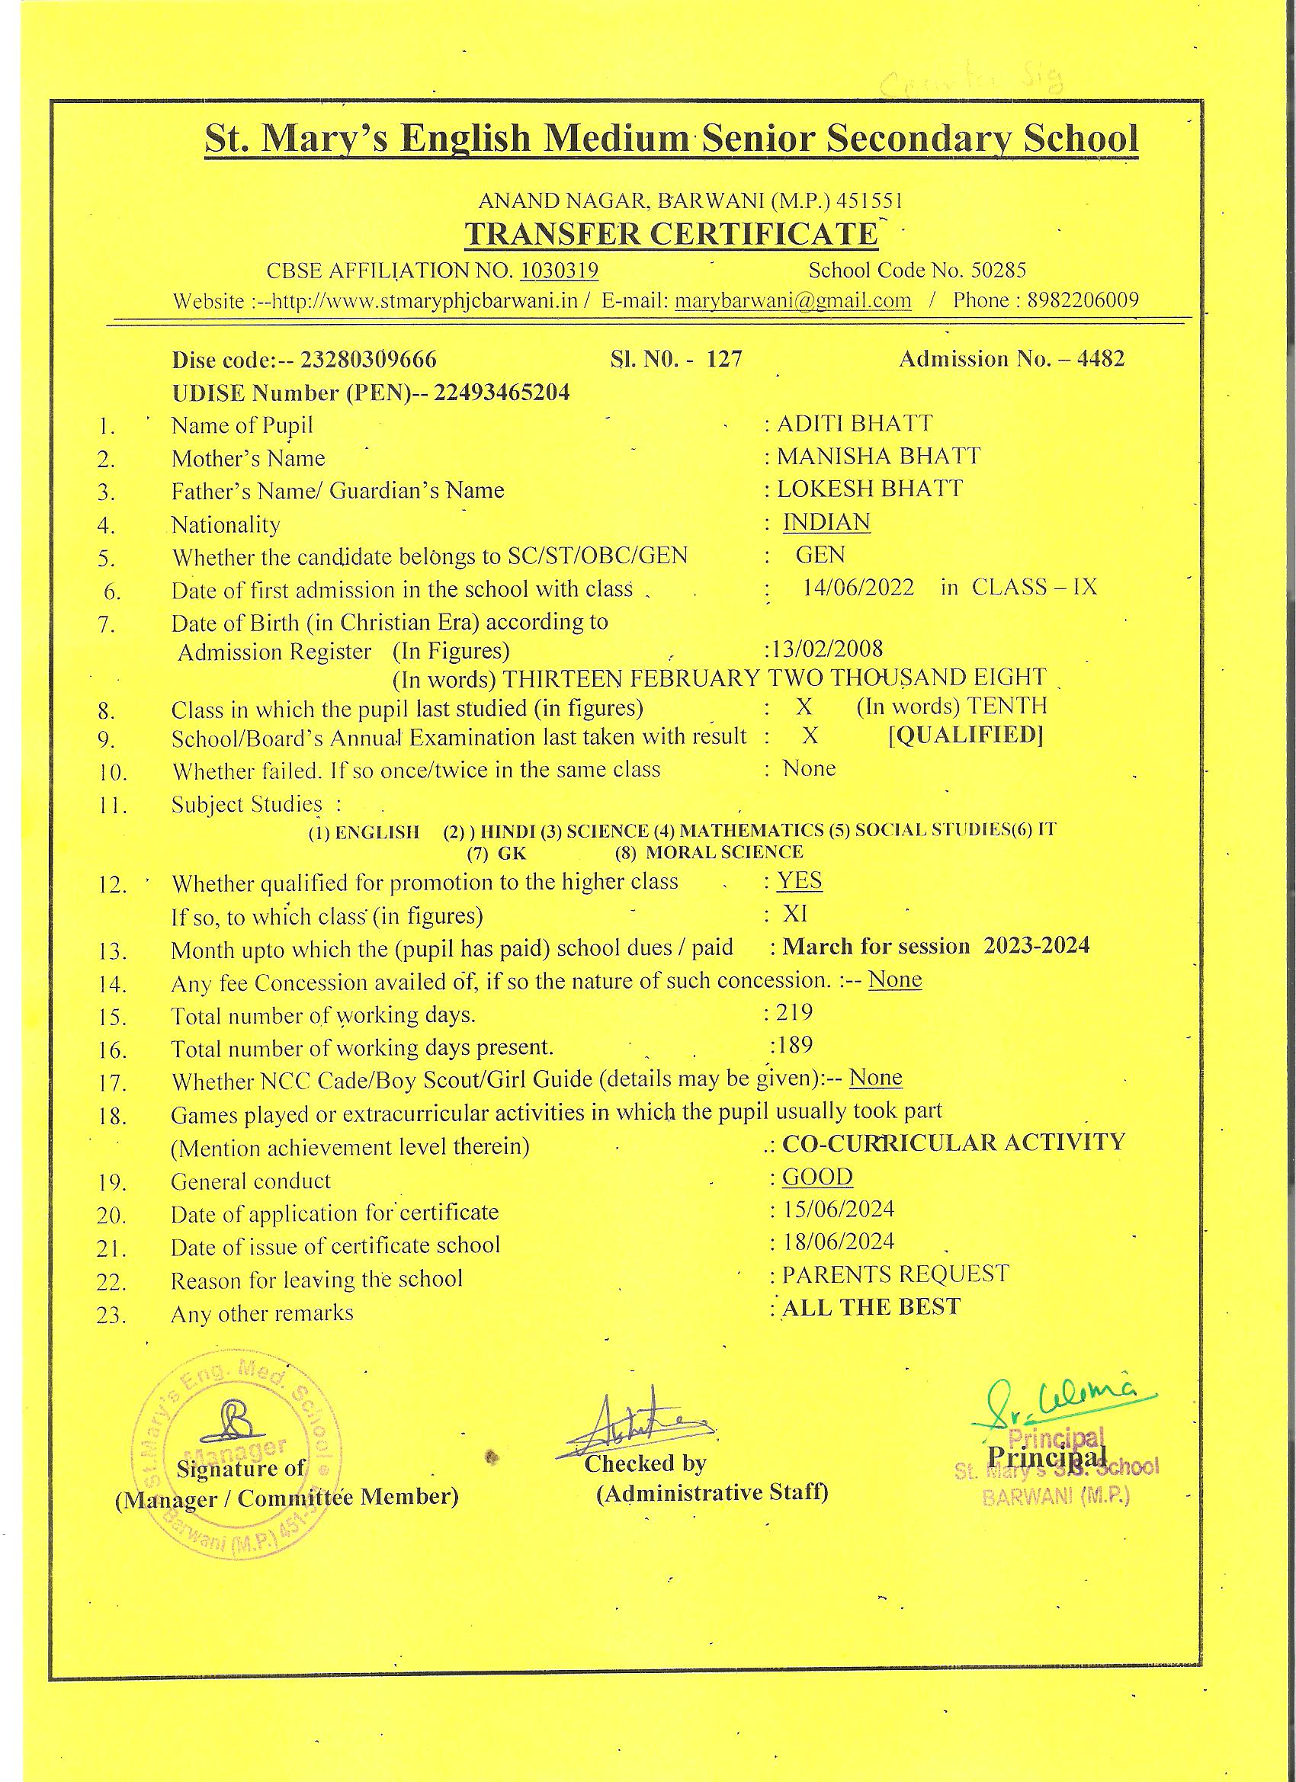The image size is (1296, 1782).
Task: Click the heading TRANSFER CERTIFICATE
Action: (x=670, y=234)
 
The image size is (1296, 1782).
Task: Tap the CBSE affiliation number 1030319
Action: (x=560, y=271)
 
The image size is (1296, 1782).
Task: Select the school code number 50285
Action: (x=998, y=271)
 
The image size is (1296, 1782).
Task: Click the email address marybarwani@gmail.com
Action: (x=793, y=300)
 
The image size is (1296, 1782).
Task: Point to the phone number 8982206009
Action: (x=1083, y=300)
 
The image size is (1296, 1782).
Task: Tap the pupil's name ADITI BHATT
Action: (x=855, y=424)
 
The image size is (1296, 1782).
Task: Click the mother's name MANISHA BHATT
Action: (x=879, y=457)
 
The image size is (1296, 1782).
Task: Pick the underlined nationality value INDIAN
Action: (x=826, y=523)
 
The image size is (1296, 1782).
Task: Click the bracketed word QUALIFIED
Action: (x=966, y=736)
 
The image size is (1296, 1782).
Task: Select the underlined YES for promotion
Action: (x=799, y=880)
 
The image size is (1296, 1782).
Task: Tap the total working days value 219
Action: (x=794, y=1012)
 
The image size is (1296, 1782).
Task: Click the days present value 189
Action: (x=794, y=1045)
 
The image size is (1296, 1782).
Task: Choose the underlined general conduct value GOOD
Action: (x=817, y=1177)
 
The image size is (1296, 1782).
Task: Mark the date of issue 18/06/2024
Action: (x=839, y=1242)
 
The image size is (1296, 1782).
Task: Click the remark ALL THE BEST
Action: (x=871, y=1306)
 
